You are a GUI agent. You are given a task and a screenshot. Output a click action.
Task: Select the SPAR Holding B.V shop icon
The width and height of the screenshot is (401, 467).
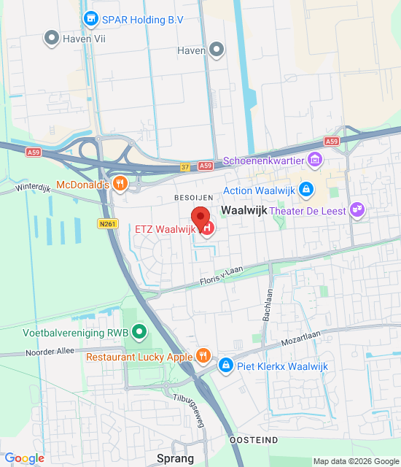pos(91,18)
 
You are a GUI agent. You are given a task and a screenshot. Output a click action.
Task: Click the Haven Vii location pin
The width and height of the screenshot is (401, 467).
pos(51,37)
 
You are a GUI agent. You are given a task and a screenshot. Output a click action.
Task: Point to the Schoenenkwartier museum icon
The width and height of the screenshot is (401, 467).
pos(315,159)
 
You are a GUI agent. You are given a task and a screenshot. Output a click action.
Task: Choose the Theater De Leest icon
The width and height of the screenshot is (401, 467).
pos(357,210)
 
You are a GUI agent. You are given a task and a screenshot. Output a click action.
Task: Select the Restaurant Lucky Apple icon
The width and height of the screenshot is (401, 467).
pos(203,357)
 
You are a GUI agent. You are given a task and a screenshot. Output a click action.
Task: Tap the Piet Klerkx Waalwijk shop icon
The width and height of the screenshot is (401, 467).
pos(225,365)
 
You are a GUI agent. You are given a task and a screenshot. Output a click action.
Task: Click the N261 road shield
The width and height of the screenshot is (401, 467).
pos(107,224)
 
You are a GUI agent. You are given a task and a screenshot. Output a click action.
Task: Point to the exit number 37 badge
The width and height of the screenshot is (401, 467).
pos(185,167)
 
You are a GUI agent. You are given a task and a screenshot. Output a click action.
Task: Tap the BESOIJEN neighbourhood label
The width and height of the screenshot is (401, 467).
pos(192,197)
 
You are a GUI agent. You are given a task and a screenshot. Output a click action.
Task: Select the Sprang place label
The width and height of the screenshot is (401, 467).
pos(175,458)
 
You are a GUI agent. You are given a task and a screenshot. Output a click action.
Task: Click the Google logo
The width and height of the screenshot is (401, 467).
pos(24,458)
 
